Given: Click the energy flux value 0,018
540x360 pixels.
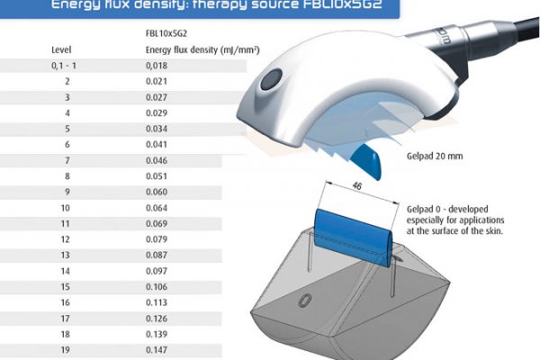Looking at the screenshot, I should click(157, 65).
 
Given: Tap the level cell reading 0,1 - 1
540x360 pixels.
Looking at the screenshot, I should click(61, 65).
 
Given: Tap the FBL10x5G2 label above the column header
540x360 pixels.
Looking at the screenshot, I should click(166, 33).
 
